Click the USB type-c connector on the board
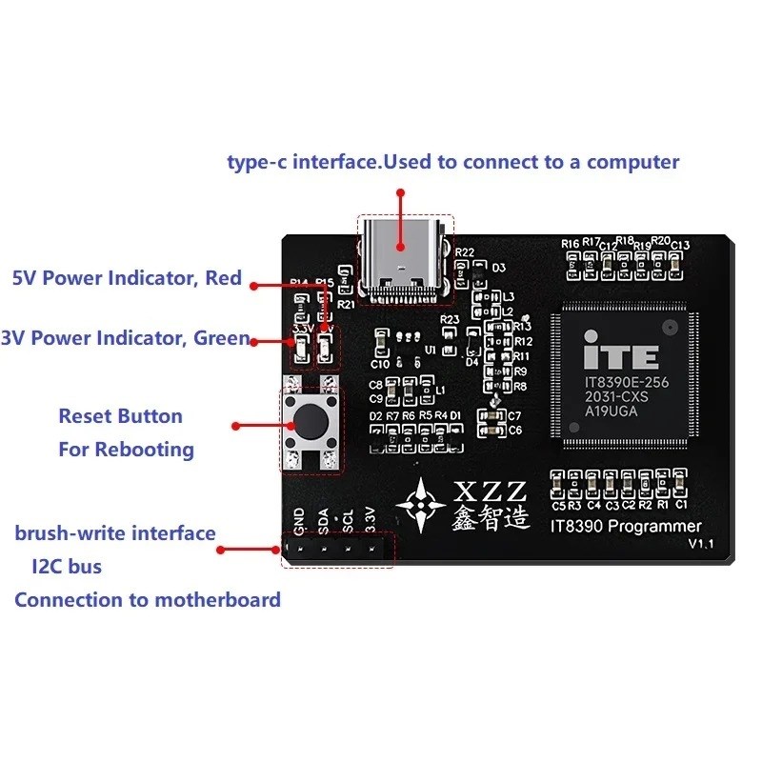[404, 258]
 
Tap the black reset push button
[308, 419]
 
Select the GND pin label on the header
[299, 520]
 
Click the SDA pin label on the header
[324, 520]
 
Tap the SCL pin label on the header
[349, 520]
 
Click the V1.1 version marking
[702, 544]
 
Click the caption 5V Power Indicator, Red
[127, 280]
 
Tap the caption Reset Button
[120, 416]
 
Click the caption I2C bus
[67, 567]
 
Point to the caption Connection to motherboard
[148, 600]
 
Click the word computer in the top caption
[632, 162]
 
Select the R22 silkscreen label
[465, 252]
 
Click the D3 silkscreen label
[498, 268]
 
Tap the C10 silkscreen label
[379, 364]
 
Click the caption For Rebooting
[126, 450]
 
